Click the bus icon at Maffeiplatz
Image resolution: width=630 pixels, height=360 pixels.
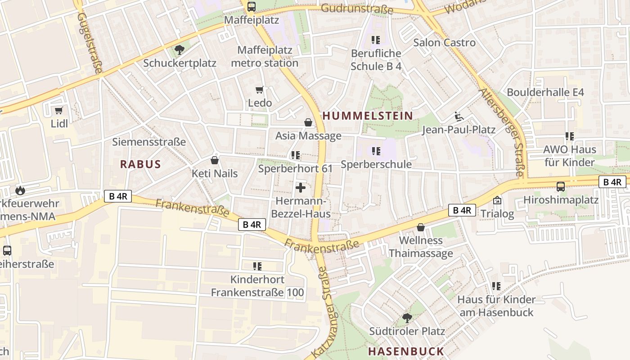tap(251, 7)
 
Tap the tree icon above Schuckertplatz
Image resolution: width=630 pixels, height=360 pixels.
tap(179, 49)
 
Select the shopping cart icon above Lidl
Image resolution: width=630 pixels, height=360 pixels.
tap(58, 110)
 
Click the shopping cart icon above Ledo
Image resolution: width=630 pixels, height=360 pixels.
tap(259, 90)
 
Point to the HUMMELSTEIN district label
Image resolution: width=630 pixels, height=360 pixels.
tap(368, 116)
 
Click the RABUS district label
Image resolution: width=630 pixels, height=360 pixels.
tap(140, 164)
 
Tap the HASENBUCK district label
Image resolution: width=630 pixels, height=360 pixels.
tap(406, 351)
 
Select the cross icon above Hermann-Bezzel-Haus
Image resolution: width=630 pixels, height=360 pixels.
tap(301, 188)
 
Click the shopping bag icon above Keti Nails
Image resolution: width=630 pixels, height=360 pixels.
tap(215, 160)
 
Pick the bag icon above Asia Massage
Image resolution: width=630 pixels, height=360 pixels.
tap(308, 122)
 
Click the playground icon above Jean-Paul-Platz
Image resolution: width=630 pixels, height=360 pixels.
tap(459, 117)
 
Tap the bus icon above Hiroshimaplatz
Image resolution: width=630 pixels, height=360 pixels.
tap(561, 186)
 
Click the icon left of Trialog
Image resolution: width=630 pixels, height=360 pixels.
tap(497, 201)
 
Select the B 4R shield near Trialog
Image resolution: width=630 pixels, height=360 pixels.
tap(462, 210)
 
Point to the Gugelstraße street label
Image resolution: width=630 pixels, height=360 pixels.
tap(90, 43)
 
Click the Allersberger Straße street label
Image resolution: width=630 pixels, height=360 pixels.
tap(502, 133)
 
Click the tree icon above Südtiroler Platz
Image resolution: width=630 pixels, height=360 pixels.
tap(407, 318)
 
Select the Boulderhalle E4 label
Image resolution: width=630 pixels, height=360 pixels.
tap(545, 92)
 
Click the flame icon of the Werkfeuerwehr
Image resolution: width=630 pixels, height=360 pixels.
tap(20, 190)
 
